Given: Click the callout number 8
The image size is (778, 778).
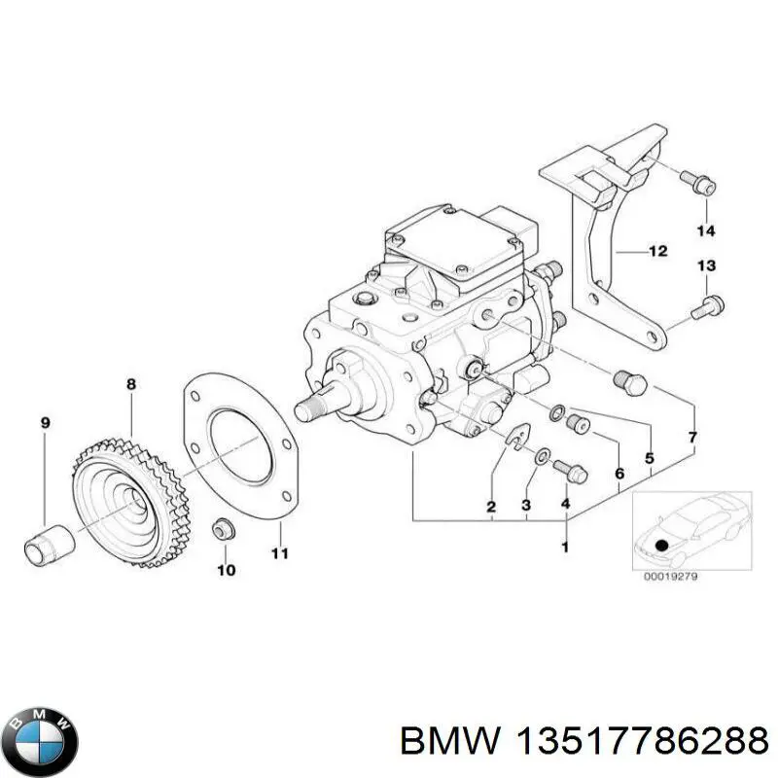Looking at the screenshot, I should coord(131,385).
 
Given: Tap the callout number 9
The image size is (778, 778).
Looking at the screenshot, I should coord(45,422).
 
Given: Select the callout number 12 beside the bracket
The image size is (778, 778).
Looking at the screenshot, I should coord(657,251).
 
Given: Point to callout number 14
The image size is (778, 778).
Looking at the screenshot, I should coord(705,230).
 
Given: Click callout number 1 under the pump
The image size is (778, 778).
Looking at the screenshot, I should coord(565,549).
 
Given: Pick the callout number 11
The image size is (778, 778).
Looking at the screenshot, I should coord(280,554).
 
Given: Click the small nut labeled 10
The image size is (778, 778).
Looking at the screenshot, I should coord(222,531).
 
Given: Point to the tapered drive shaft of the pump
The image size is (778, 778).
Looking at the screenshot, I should coord(317,400).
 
